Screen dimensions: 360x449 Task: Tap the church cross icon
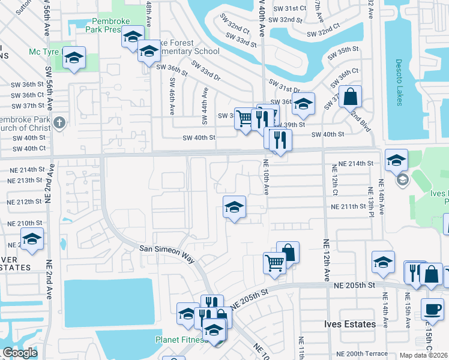(58, 123)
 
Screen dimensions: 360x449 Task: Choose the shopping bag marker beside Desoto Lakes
(351, 95)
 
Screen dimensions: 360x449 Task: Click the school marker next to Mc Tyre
(74, 58)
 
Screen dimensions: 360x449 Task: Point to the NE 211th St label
(349, 206)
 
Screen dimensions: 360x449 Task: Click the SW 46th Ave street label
(172, 96)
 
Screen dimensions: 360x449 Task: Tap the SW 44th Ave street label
(205, 106)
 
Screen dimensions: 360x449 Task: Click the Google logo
(20, 353)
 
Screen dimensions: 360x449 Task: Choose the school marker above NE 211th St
(234, 208)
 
